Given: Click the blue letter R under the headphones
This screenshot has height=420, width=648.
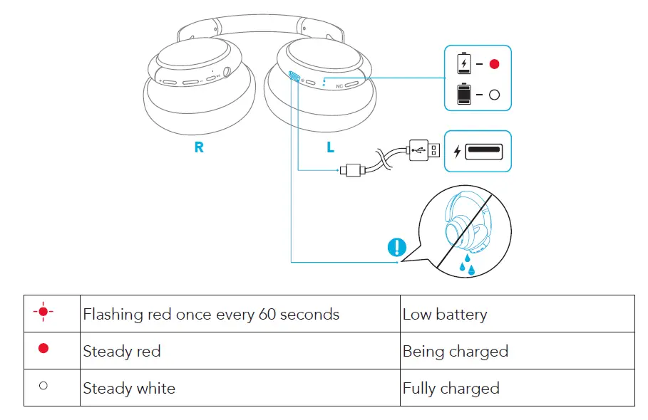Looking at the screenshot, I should [x=199, y=147].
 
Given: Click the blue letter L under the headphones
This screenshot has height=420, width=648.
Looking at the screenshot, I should [x=330, y=147].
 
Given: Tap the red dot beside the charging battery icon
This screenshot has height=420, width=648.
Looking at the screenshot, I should [x=495, y=64].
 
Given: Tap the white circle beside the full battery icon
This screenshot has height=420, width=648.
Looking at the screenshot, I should [x=495, y=94].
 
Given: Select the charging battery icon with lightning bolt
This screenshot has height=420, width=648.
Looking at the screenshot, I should [x=464, y=63].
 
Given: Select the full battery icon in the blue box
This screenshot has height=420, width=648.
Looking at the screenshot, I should [x=464, y=94].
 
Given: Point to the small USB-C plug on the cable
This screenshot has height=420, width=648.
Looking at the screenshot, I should [x=352, y=170].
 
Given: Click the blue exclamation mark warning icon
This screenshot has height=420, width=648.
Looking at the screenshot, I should [x=396, y=248].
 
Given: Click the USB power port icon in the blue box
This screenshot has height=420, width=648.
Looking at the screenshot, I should [x=484, y=151].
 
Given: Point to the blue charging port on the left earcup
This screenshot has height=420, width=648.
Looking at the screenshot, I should [x=294, y=78].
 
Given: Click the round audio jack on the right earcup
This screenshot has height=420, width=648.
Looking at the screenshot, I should [x=227, y=72].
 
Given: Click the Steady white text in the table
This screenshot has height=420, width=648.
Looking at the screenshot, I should [x=129, y=388].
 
